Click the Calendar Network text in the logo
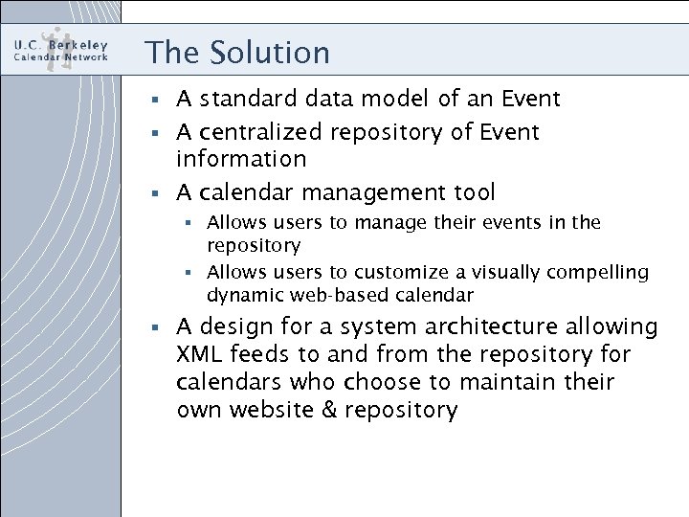pos(61,57)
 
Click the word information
pos(241,159)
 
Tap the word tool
pos(475,193)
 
